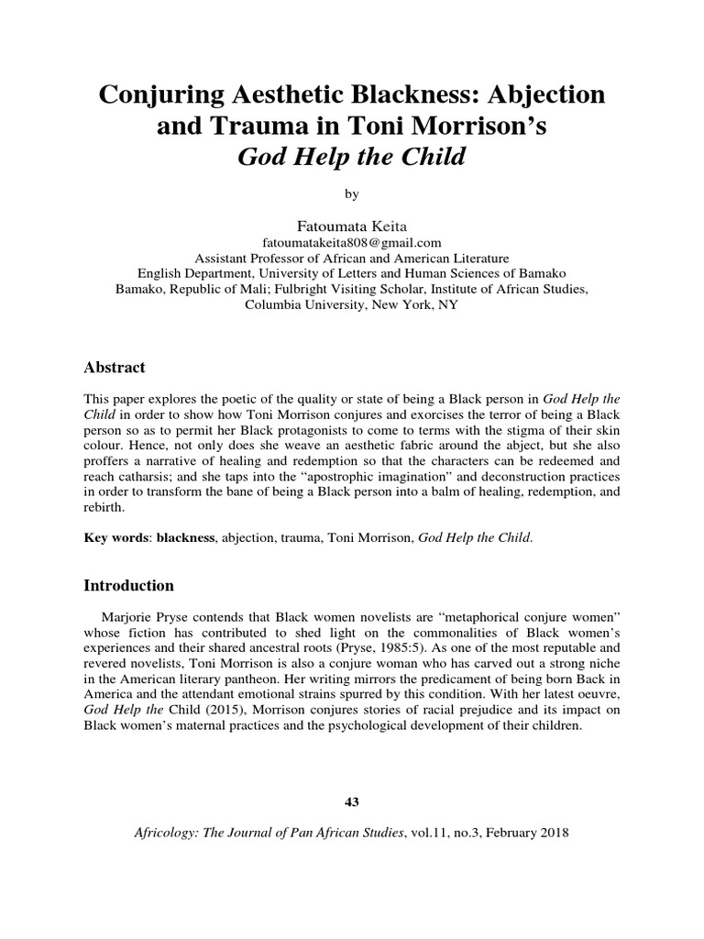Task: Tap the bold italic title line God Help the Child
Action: click(x=352, y=157)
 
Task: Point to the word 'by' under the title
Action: click(x=352, y=194)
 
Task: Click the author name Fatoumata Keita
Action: click(x=352, y=226)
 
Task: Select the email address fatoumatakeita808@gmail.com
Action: click(x=352, y=243)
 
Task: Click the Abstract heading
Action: click(x=115, y=368)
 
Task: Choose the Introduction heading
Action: click(x=128, y=584)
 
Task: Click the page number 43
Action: click(x=351, y=802)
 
